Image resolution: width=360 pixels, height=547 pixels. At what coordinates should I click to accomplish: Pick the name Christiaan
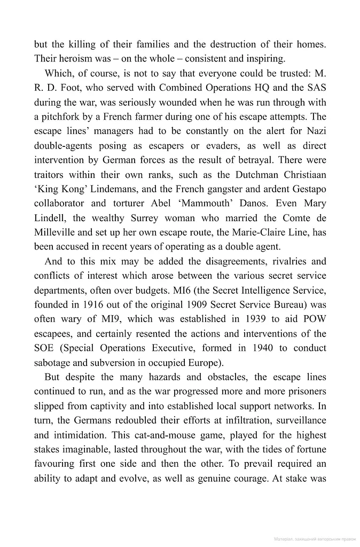coord(302,174)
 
